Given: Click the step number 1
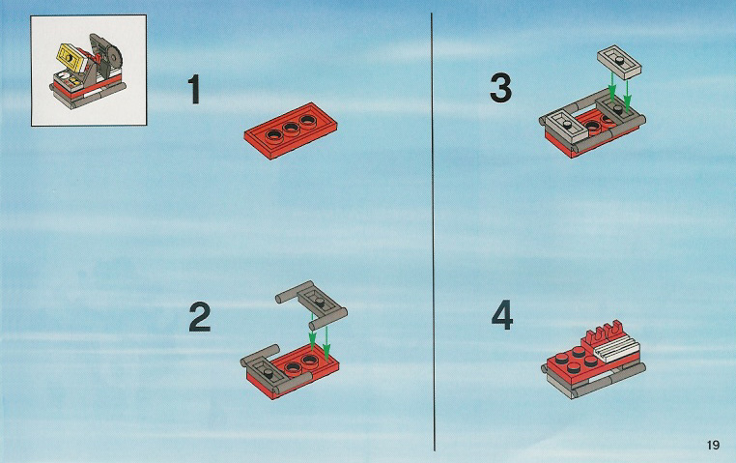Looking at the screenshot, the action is [x=194, y=90].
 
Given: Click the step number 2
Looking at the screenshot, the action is [x=200, y=317].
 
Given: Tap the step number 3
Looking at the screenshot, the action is [x=500, y=89].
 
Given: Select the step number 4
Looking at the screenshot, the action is [x=502, y=316].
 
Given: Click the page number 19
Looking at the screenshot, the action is [x=713, y=445].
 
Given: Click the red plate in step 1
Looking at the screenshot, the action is [x=291, y=130].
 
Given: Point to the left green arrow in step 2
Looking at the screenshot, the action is [x=311, y=334].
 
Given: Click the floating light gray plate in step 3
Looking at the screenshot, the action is [x=619, y=63].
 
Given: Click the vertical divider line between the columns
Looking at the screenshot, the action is [x=433, y=232].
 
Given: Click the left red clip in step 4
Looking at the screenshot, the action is [x=595, y=335].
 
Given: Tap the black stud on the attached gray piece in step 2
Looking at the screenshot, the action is [x=268, y=372].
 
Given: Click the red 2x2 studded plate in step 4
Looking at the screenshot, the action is [x=574, y=362].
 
